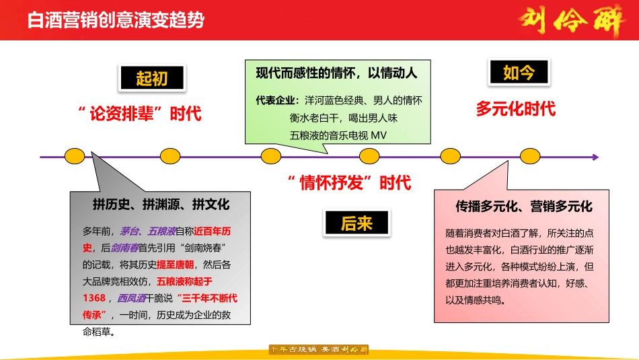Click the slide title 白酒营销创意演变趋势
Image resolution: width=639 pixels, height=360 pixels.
click(x=116, y=20)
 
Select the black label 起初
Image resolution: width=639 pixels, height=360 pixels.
click(x=151, y=79)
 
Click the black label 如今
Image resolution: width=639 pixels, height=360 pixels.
click(x=519, y=73)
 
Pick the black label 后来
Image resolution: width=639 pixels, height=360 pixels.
click(x=356, y=223)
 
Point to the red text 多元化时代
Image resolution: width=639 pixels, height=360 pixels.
click(x=516, y=108)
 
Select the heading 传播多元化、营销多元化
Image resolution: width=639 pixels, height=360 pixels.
click(x=524, y=206)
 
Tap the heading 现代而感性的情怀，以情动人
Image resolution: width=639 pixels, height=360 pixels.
click(x=336, y=73)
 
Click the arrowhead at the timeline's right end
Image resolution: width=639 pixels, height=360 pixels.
click(x=595, y=157)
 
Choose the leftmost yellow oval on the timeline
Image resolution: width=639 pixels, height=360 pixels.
click(x=75, y=157)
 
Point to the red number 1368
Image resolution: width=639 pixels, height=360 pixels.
click(x=94, y=298)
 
